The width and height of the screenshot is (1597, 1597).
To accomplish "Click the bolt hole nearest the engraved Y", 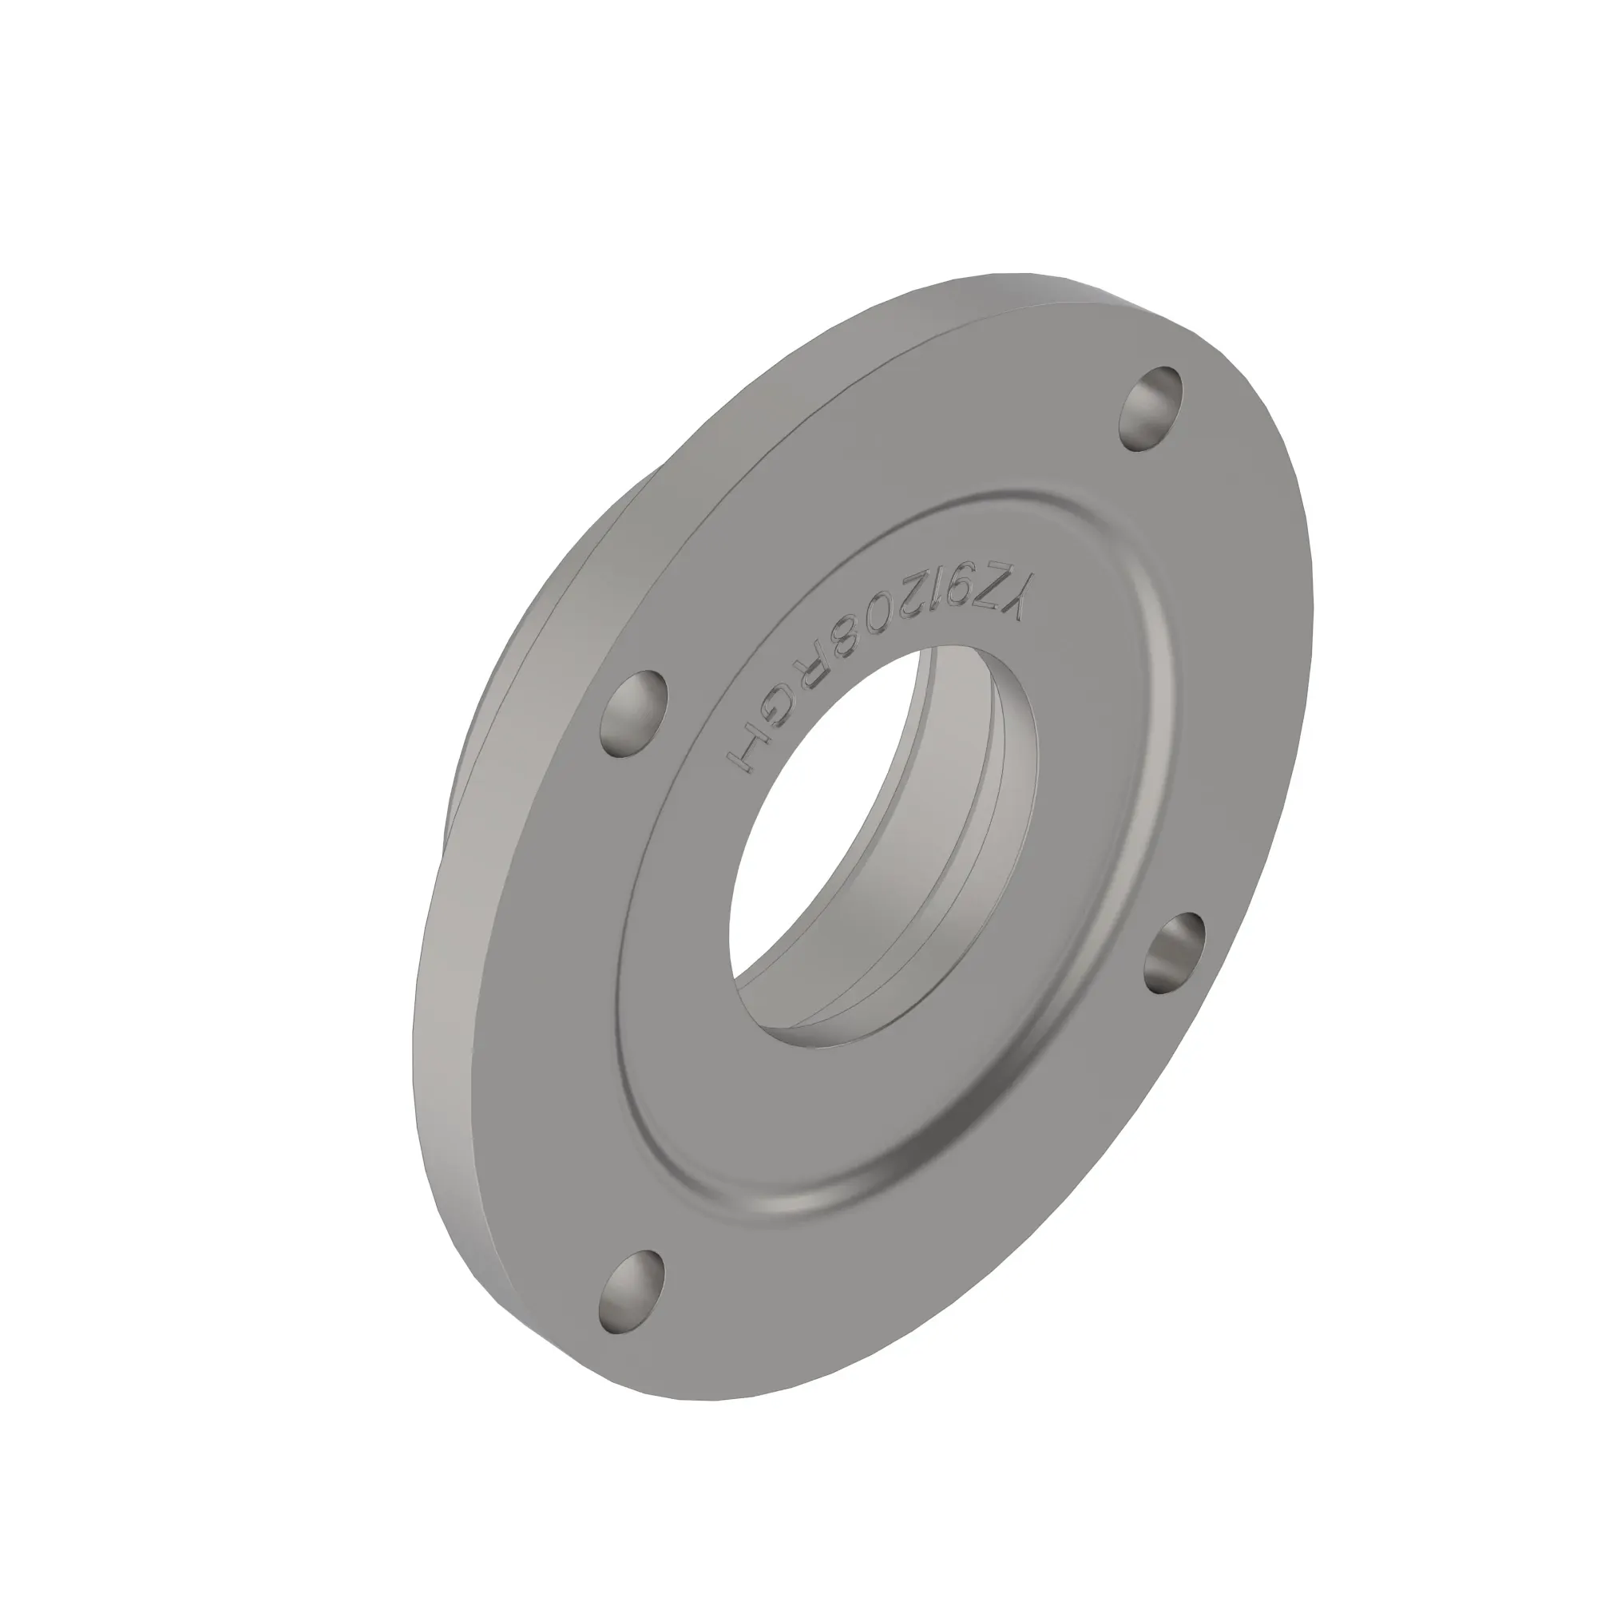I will [x=1151, y=409].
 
